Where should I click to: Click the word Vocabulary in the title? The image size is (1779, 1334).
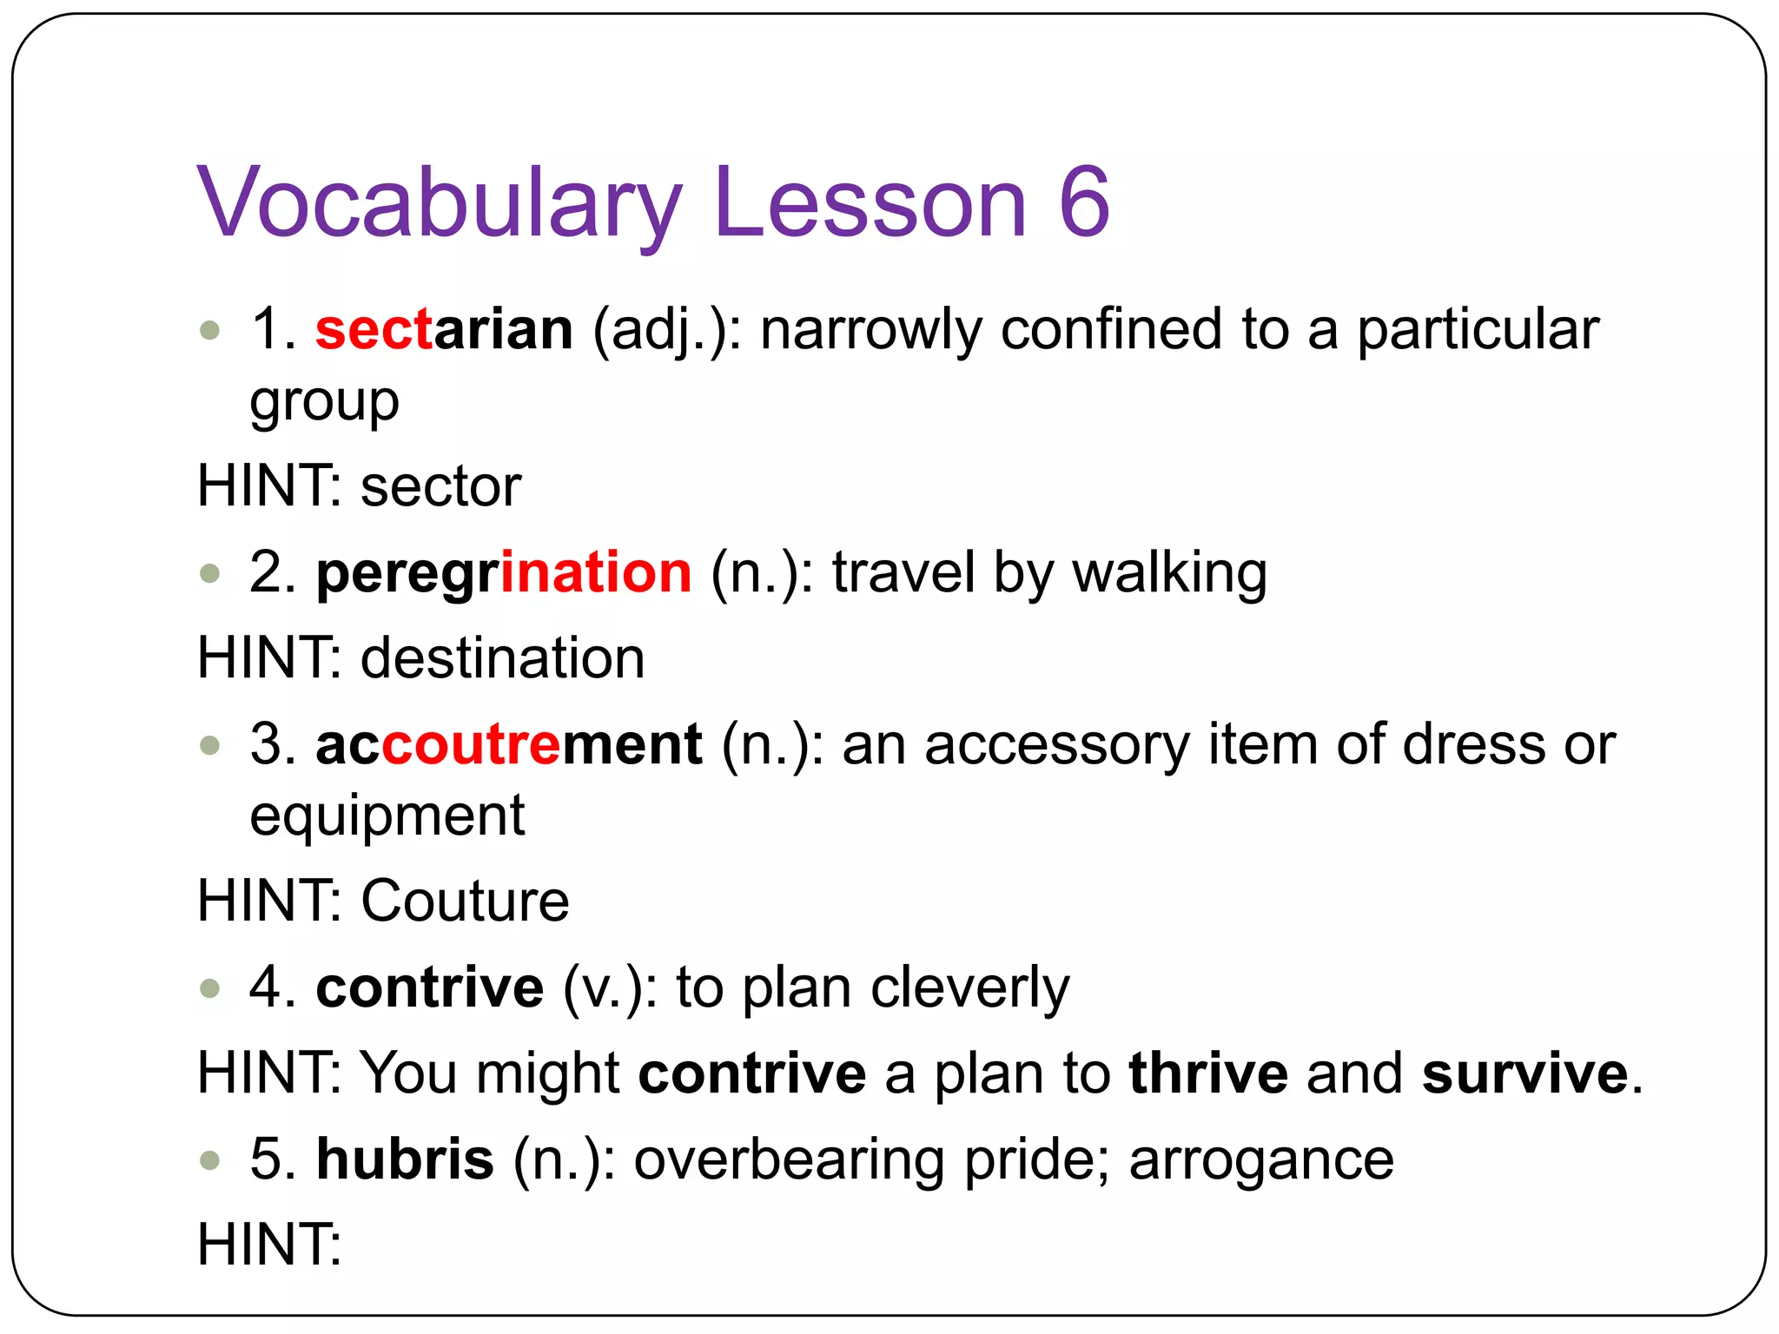440,203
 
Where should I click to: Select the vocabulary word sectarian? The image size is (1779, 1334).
444,330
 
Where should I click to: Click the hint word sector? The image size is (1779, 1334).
440,486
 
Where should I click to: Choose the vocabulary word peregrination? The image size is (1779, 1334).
504,574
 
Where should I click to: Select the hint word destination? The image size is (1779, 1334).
502,658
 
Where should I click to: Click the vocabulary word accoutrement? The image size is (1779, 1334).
508,745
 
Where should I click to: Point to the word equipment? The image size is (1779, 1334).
387,817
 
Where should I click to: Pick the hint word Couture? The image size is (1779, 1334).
465,901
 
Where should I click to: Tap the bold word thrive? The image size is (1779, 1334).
1208,1073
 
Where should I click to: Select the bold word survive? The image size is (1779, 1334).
1524,1073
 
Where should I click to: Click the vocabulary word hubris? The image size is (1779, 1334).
405,1159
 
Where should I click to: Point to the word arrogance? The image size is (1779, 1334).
1261,1160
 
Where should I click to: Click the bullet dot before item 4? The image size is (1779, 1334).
209,987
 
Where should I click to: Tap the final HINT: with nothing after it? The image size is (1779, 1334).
269,1245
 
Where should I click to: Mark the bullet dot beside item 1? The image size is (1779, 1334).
209,330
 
